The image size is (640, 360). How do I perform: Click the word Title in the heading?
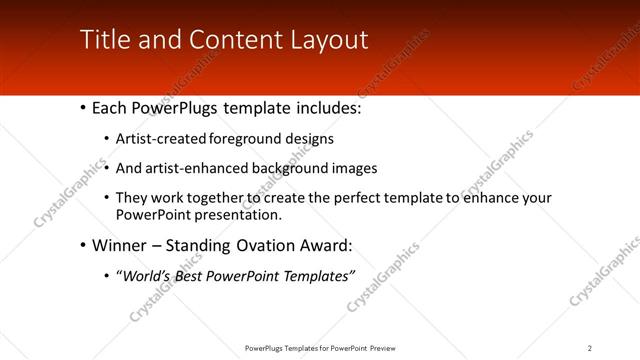(102, 40)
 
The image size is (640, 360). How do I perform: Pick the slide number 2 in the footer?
(590, 348)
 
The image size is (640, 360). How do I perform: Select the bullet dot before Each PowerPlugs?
(81, 107)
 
